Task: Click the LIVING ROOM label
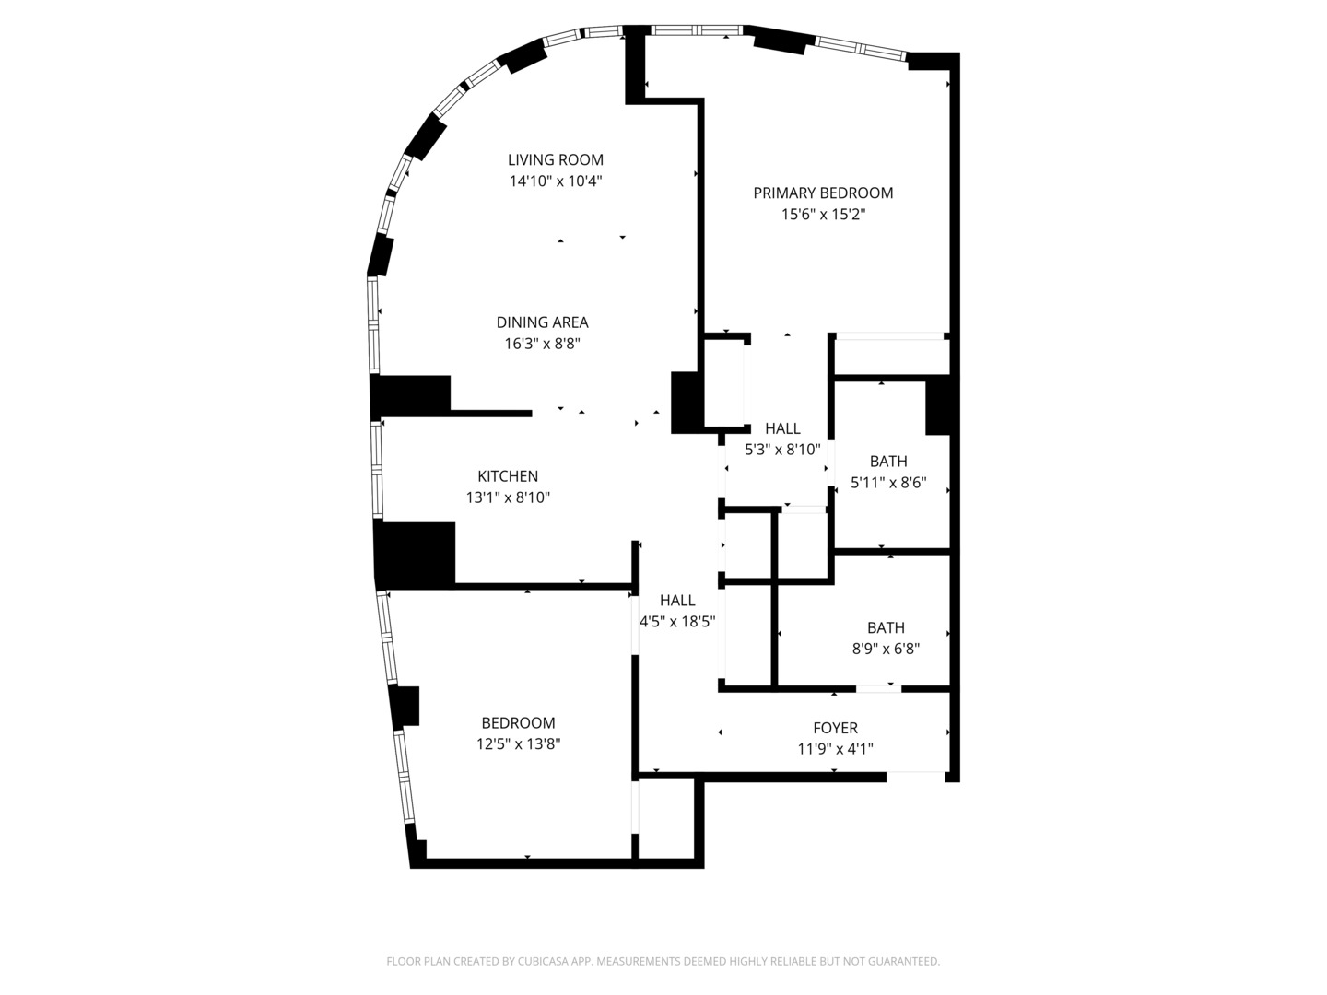(555, 160)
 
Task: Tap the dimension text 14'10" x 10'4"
(556, 181)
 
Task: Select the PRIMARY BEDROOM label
(823, 193)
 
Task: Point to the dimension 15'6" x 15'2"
(824, 215)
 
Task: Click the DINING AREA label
(542, 322)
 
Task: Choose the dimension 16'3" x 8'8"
(542, 344)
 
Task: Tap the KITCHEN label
(508, 476)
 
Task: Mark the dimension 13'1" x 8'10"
(508, 497)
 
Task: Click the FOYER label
(836, 728)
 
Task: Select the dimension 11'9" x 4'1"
(836, 749)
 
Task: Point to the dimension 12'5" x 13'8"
(518, 743)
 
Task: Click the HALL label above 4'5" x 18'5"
(677, 601)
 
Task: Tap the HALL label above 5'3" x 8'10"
(783, 429)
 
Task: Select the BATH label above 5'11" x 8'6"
(888, 462)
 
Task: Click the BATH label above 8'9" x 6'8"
(887, 627)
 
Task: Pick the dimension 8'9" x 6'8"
(887, 649)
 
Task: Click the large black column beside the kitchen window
(415, 555)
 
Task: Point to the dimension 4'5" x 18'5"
(677, 622)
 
